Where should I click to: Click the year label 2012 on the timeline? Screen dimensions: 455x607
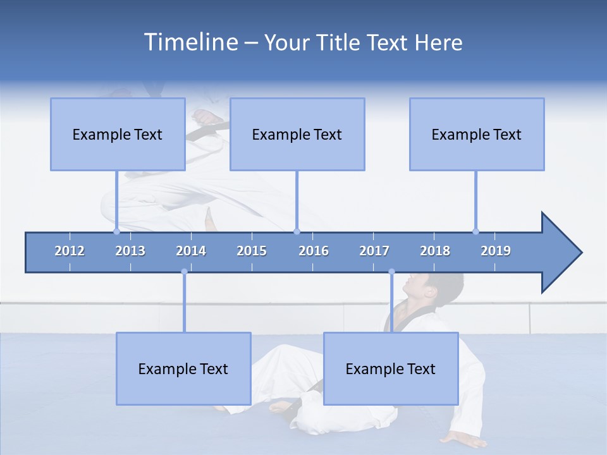[x=70, y=251]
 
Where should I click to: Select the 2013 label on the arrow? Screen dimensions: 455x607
[x=130, y=251]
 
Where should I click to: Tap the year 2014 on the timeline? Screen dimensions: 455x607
[x=191, y=251]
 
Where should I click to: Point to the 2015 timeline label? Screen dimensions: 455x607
[x=252, y=251]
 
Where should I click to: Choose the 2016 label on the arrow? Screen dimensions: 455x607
[x=314, y=251]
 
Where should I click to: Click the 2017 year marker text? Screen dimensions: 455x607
[x=374, y=251]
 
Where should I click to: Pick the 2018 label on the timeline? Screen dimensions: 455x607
[x=435, y=251]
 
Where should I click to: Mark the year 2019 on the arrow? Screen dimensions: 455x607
[x=496, y=251]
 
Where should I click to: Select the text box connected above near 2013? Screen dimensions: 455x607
[x=118, y=134]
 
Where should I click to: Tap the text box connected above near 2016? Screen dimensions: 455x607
[x=297, y=134]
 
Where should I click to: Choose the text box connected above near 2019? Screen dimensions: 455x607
[x=477, y=134]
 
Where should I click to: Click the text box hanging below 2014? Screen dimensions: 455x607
[x=183, y=368]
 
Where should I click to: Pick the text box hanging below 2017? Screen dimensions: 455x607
[x=391, y=368]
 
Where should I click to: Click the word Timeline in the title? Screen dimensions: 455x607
[x=190, y=42]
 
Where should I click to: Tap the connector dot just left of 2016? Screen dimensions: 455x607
[x=297, y=231]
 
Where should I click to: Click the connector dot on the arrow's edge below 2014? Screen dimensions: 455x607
[x=184, y=272]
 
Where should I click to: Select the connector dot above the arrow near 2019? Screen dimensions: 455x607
[x=475, y=231]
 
